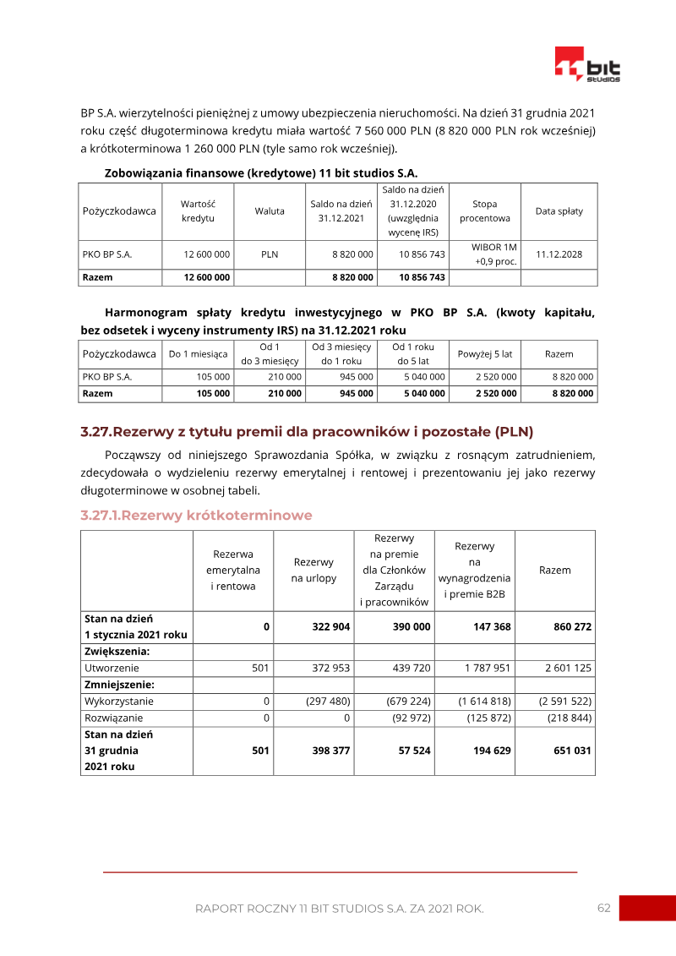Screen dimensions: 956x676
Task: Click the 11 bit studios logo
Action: point(588,65)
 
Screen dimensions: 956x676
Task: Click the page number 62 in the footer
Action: point(603,908)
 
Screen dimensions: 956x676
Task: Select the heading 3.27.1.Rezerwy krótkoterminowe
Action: point(196,515)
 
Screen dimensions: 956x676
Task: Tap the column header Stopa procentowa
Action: point(484,211)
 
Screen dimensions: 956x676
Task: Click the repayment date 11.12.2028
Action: point(559,254)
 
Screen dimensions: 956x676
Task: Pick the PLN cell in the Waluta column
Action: point(270,254)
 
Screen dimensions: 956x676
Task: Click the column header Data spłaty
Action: point(559,211)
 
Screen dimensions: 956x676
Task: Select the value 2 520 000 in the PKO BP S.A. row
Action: point(497,377)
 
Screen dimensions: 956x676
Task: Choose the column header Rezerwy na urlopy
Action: point(313,571)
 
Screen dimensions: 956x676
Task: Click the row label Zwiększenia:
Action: point(117,652)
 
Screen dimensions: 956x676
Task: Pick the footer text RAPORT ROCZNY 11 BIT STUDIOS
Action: point(339,909)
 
